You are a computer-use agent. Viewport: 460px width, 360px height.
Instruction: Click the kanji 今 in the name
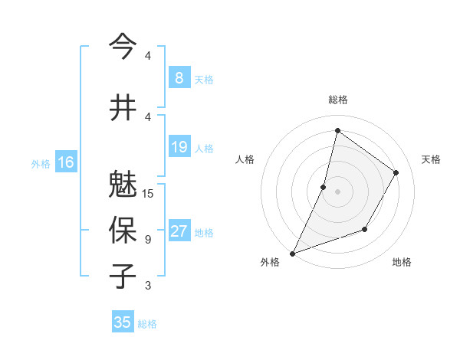(123, 46)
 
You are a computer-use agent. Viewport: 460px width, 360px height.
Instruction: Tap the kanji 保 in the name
(123, 230)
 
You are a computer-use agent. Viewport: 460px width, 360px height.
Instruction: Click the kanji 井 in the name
(123, 107)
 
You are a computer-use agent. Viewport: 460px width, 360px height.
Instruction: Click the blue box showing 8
(179, 78)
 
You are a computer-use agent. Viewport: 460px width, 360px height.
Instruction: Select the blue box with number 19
(179, 147)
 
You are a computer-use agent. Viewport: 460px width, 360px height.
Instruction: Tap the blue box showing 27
(179, 231)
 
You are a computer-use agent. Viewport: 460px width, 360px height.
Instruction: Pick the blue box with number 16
(66, 162)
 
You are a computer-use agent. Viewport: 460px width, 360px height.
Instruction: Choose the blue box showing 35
(123, 322)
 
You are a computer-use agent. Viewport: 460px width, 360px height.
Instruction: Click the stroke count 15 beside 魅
(149, 194)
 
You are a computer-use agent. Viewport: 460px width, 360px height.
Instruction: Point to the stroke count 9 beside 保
(148, 240)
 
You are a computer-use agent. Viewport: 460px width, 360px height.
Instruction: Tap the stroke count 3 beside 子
(148, 286)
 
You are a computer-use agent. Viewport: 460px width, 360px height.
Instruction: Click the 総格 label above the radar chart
(338, 100)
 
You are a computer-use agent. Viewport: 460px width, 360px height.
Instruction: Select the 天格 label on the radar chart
(431, 159)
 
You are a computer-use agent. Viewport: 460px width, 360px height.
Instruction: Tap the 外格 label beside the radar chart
(270, 262)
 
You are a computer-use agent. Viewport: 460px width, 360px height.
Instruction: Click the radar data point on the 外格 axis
(292, 253)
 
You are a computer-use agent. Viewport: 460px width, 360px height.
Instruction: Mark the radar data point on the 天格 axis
(396, 172)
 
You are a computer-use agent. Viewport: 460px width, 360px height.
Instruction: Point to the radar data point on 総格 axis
(337, 131)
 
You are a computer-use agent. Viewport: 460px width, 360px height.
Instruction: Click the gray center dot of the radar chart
(337, 191)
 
